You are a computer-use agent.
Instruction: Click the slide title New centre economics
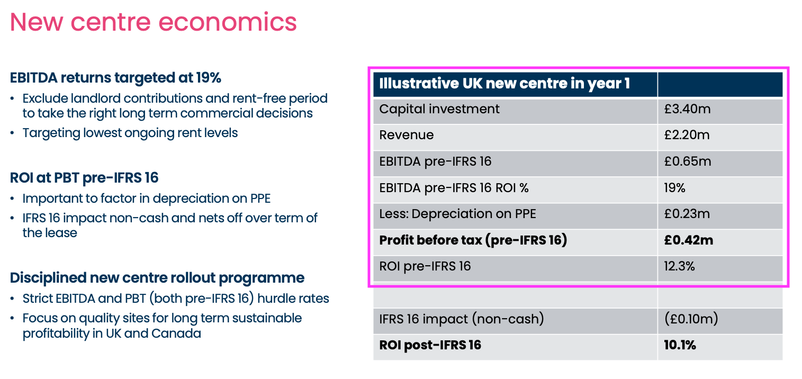[153, 22]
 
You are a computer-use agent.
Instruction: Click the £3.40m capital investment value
[687, 109]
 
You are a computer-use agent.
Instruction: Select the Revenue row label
[406, 135]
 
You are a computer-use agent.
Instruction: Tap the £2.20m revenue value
[687, 135]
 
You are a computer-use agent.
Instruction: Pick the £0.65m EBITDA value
[687, 161]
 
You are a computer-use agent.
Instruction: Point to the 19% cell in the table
[674, 187]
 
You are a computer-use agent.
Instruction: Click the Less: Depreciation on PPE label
[457, 214]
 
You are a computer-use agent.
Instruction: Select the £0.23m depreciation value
[687, 214]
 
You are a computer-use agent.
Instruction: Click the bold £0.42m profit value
[688, 240]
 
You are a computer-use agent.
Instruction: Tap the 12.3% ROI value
[679, 266]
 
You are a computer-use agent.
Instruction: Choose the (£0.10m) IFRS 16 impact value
[691, 319]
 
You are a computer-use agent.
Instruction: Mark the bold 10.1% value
[680, 346]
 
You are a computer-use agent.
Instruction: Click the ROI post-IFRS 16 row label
[430, 346]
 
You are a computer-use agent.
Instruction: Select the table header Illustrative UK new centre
[504, 84]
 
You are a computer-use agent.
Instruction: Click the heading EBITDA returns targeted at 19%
[115, 78]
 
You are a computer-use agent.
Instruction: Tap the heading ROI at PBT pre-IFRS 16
[84, 178]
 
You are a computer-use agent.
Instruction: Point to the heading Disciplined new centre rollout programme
[157, 278]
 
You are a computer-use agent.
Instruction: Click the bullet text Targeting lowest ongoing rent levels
[130, 133]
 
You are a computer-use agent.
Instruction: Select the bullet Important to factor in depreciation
[147, 198]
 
